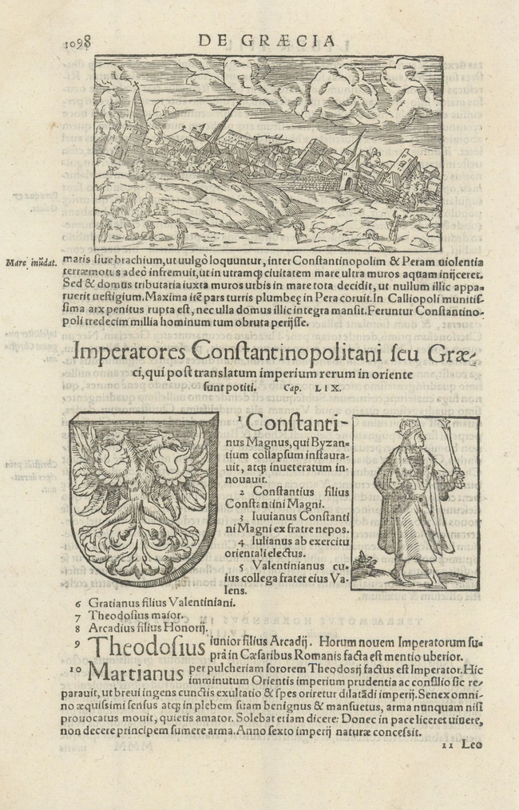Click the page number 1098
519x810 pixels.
pyautogui.click(x=77, y=42)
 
